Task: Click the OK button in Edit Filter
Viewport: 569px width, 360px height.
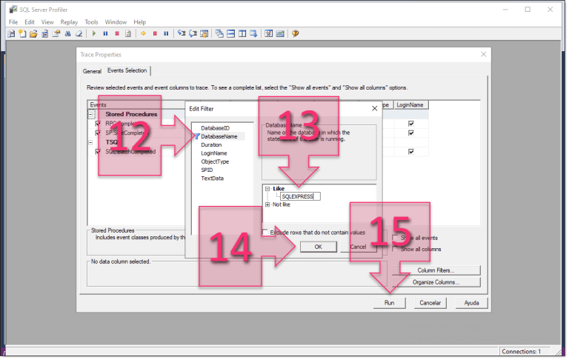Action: coord(318,247)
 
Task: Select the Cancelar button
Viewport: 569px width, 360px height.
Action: coord(430,302)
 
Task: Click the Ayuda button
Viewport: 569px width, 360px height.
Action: coord(470,302)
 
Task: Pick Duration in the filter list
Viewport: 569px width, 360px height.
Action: coord(210,145)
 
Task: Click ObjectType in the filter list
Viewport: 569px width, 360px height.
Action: coord(215,161)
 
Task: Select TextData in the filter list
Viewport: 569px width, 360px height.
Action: coord(212,179)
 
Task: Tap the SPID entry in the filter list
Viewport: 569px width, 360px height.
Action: coord(207,170)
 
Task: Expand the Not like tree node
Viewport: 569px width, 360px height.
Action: coord(267,204)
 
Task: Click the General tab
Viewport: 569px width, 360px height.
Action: coord(92,71)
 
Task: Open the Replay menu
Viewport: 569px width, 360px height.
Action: coord(69,22)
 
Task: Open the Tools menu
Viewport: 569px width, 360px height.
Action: coord(91,22)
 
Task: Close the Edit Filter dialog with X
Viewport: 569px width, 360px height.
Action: coord(373,108)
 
